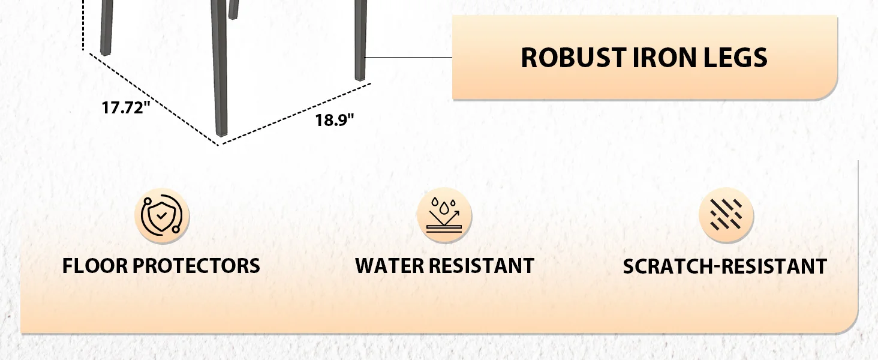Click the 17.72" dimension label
click(125, 108)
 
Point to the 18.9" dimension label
click(335, 120)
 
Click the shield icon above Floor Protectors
click(162, 216)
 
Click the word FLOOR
click(94, 266)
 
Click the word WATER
click(389, 266)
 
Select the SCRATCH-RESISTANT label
click(724, 266)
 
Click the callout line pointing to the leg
click(408, 58)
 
